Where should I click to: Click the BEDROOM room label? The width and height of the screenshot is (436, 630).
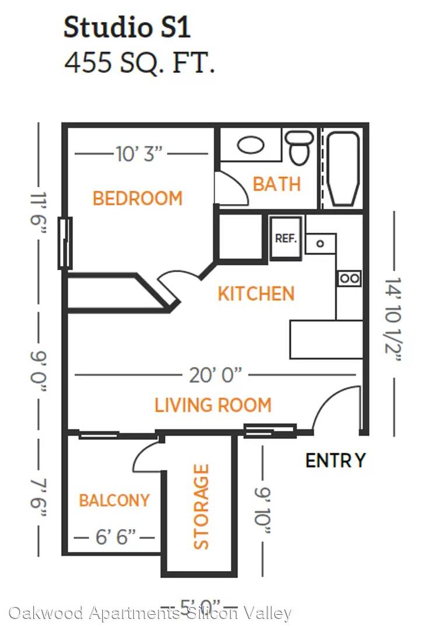coord(137,198)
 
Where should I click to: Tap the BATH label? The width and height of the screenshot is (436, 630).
coord(277,184)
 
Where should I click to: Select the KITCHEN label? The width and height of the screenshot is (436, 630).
coord(256,293)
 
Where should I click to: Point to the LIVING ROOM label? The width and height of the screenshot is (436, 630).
coord(213,405)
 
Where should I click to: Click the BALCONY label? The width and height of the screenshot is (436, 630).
coord(114,501)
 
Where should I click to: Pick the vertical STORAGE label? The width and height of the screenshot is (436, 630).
coord(201,507)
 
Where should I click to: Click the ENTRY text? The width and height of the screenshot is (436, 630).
coord(336,460)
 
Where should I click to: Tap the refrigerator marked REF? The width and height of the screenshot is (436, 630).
coord(286,238)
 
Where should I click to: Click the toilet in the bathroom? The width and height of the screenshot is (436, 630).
coord(299,147)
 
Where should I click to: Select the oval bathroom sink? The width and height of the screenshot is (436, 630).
coord(251,145)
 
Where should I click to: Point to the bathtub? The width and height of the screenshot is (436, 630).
coord(343,169)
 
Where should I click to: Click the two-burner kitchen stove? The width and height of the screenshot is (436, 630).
coord(349,278)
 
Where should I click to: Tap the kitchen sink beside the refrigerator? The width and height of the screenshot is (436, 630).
coord(320,244)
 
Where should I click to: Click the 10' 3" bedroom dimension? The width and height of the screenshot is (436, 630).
coord(139,154)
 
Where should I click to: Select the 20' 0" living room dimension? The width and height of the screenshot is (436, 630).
coord(215,375)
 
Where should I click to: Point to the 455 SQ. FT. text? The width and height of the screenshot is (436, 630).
coord(139,63)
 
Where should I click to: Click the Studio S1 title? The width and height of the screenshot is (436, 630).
coord(127,27)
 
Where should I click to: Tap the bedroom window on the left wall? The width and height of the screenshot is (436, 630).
coord(65,243)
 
